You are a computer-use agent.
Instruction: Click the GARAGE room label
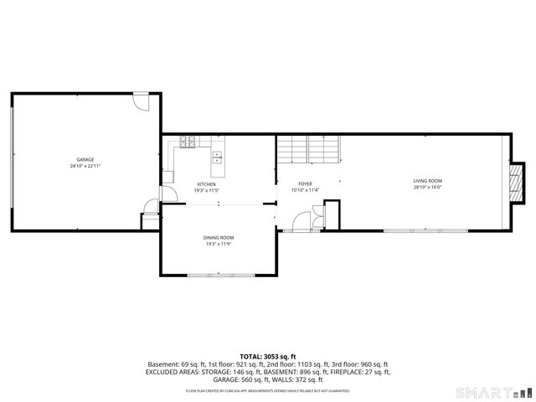(85, 159)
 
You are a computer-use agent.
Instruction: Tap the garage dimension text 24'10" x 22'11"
(85, 166)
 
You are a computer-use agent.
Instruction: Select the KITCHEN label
(206, 184)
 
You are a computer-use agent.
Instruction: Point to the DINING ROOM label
(218, 238)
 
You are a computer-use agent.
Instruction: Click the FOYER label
(305, 183)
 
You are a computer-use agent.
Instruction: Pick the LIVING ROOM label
(427, 181)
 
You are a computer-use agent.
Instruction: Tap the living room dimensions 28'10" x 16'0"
(427, 188)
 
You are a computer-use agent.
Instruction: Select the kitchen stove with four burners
(187, 141)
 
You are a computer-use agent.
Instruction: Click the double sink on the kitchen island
(217, 155)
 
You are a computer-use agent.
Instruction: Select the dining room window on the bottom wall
(218, 276)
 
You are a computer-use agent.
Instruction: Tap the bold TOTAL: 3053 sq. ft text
(268, 356)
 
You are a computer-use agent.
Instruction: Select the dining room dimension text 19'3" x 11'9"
(218, 245)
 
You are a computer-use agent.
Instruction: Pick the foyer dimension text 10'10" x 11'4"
(305, 190)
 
